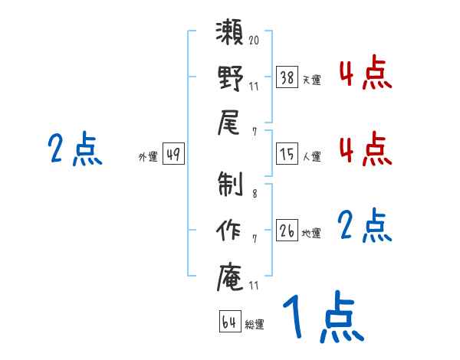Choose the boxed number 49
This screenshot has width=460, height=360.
click(172, 154)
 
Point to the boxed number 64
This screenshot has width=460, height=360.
click(229, 322)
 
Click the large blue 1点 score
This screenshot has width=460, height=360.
click(321, 317)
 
